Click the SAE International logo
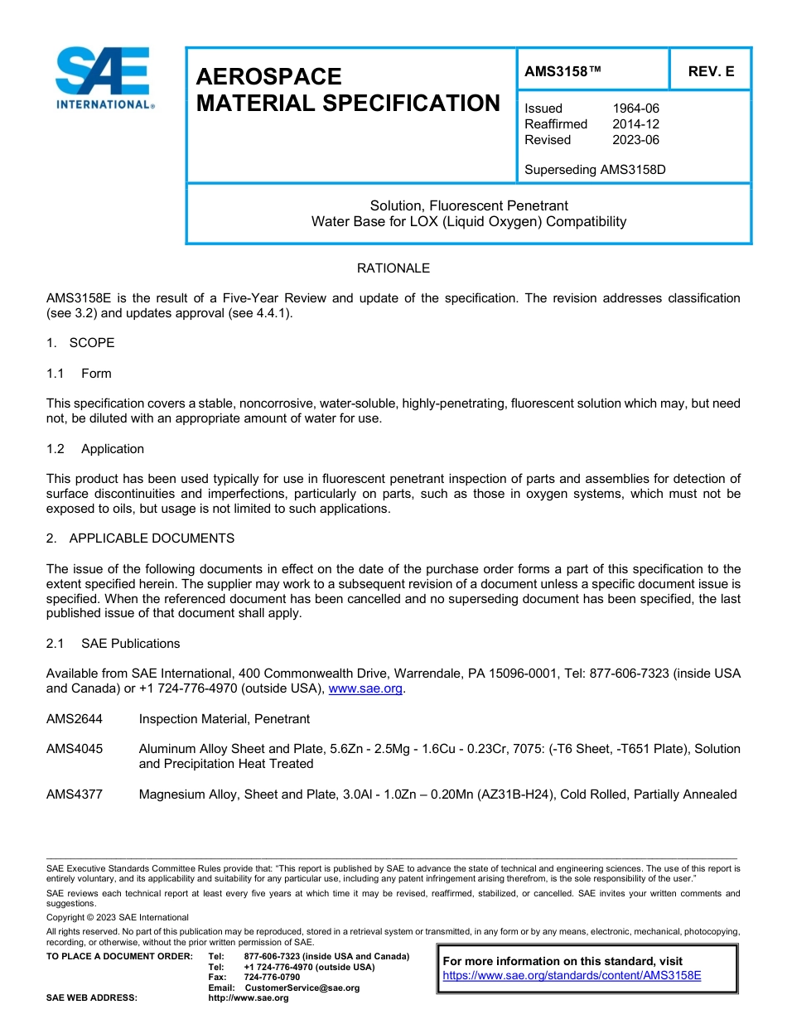pyautogui.click(x=104, y=78)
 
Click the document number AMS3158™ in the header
pyautogui.click(x=562, y=72)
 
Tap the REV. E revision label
pyautogui.click(x=711, y=72)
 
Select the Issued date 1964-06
pyautogui.click(x=635, y=109)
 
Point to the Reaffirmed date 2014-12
pyautogui.click(x=635, y=124)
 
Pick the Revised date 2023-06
pyautogui.click(x=635, y=140)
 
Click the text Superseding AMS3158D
pyautogui.click(x=595, y=170)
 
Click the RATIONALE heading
pyautogui.click(x=393, y=268)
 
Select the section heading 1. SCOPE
pyautogui.click(x=80, y=343)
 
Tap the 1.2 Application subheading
pyautogui.click(x=95, y=449)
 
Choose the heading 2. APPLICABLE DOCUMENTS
pyautogui.click(x=140, y=538)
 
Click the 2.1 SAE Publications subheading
pyautogui.click(x=113, y=644)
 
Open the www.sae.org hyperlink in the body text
pyautogui.click(x=365, y=689)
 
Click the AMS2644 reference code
pyautogui.click(x=75, y=719)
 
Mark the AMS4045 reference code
pyautogui.click(x=75, y=749)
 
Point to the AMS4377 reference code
pyautogui.click(x=75, y=794)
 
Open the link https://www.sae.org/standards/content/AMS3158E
pyautogui.click(x=572, y=976)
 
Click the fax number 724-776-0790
pyautogui.click(x=272, y=978)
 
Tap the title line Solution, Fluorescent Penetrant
pyautogui.click(x=469, y=205)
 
